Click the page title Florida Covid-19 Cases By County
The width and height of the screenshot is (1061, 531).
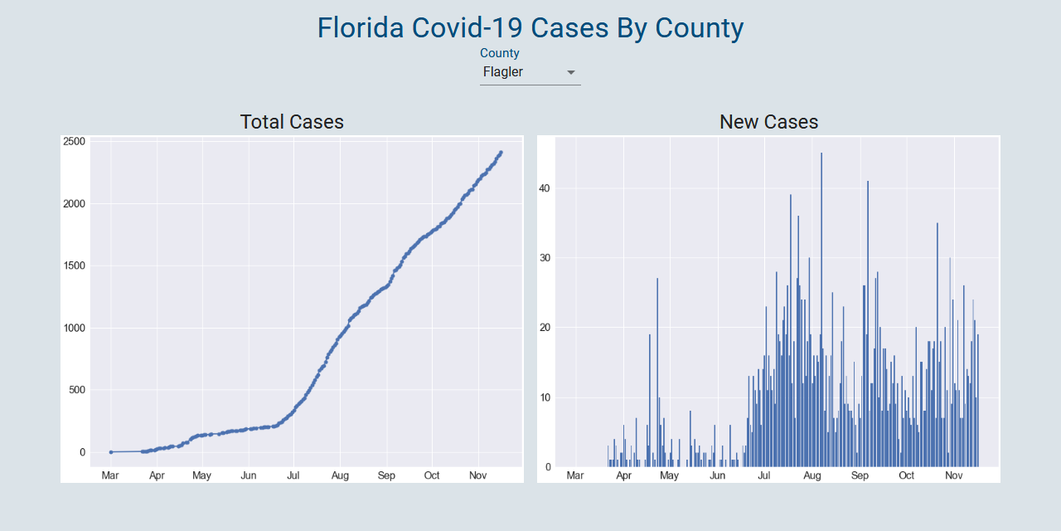(530, 27)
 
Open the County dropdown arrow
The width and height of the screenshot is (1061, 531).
(570, 73)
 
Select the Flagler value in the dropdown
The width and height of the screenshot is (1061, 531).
(503, 72)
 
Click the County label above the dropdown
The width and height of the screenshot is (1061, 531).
(500, 53)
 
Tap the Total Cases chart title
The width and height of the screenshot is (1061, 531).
(292, 122)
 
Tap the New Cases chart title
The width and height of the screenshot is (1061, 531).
(768, 122)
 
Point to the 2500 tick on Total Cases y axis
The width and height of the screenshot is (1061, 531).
(74, 142)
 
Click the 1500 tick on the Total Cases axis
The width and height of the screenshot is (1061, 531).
(74, 266)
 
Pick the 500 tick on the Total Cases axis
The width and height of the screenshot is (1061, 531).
(76, 390)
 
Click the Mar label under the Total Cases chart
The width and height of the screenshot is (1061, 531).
(110, 475)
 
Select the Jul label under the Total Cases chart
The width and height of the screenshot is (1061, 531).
(293, 475)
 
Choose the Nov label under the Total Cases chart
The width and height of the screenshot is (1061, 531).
(477, 475)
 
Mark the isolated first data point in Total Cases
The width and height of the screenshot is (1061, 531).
(111, 452)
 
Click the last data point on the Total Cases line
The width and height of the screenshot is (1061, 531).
(501, 153)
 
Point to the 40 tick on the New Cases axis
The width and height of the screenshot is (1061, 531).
(544, 188)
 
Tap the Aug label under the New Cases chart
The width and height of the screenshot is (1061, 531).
(812, 475)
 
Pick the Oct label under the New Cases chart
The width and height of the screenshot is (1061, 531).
(907, 475)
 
